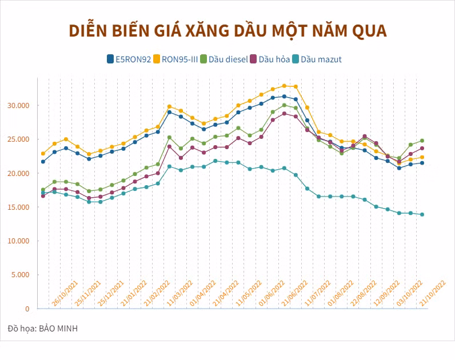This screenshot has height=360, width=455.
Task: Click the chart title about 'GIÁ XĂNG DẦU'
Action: tap(227, 31)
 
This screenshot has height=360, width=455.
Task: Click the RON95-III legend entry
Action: tap(179, 59)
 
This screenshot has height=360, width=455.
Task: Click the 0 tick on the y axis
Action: tap(27, 309)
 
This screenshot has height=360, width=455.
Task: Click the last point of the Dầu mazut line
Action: tap(422, 214)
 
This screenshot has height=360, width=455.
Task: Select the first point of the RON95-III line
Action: tap(43, 153)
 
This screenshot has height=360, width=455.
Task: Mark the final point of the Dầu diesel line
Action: tap(422, 141)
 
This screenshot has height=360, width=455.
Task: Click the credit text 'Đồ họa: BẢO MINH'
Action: tap(42, 329)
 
